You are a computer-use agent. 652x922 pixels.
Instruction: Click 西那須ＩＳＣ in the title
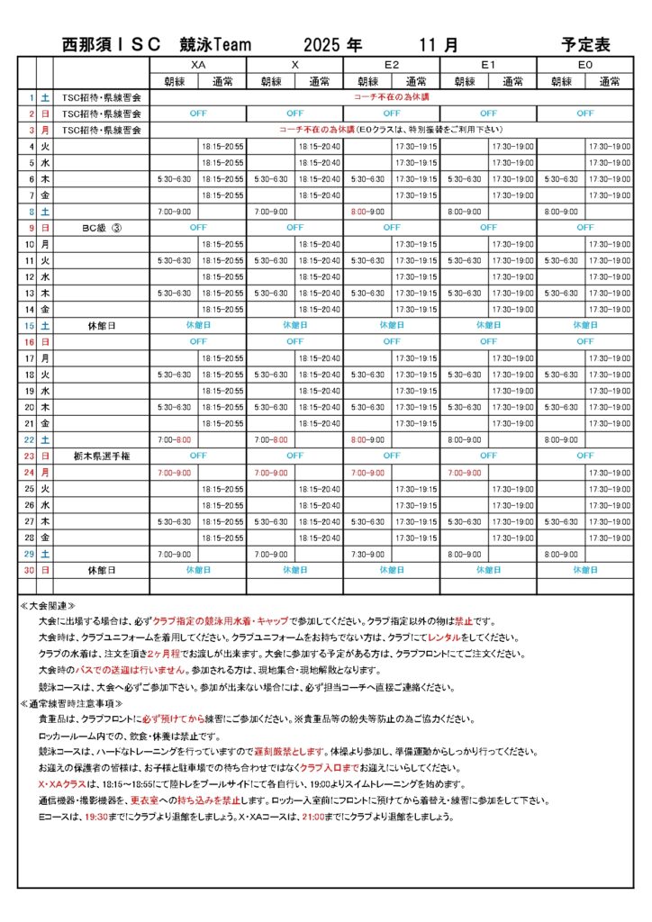click(x=111, y=44)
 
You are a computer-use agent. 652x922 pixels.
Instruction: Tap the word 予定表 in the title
click(x=585, y=44)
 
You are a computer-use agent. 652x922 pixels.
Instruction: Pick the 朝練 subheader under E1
click(x=465, y=81)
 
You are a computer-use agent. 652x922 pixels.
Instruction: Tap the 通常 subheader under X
click(x=320, y=81)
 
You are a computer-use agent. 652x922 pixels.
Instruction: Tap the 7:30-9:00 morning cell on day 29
click(x=367, y=555)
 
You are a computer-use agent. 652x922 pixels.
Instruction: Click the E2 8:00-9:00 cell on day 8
click(x=367, y=212)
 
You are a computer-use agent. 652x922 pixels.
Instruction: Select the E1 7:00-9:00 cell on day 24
click(x=465, y=473)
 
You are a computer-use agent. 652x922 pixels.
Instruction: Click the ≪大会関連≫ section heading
click(x=48, y=606)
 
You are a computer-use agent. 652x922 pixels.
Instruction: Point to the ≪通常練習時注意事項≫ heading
click(x=72, y=703)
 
